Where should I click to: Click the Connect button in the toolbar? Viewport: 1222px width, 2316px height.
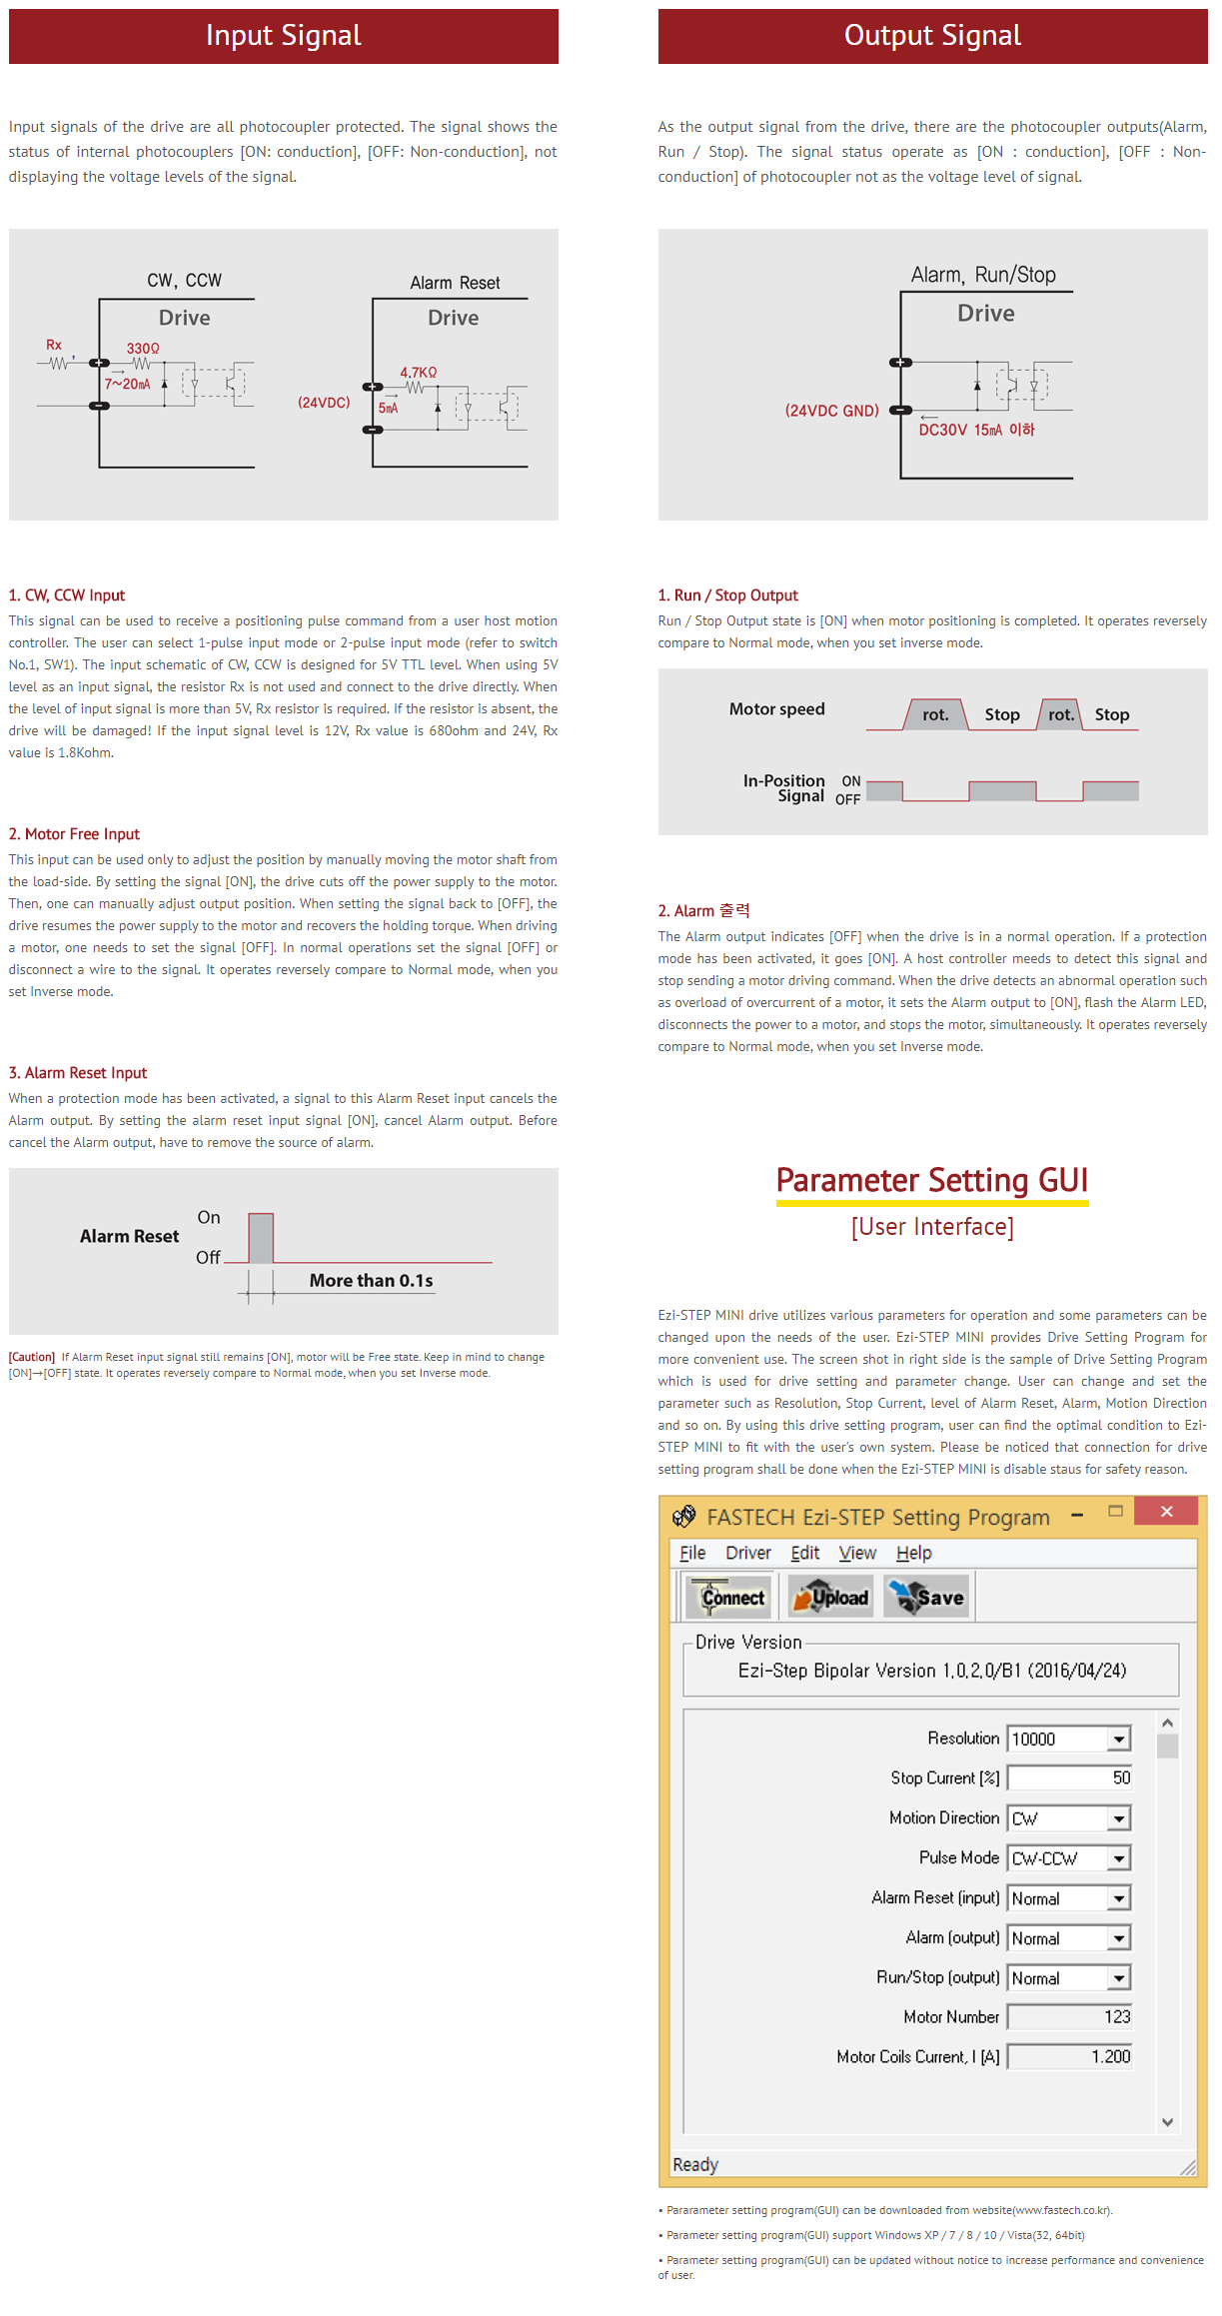(x=728, y=1597)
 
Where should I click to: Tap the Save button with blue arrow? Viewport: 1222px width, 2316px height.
(x=927, y=1597)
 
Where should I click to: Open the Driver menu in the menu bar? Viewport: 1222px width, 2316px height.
(x=747, y=1553)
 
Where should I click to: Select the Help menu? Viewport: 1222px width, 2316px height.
(x=913, y=1553)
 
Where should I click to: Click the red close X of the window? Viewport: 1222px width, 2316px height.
(x=1166, y=1512)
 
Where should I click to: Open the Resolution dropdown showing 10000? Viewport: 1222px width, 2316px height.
(x=1069, y=1738)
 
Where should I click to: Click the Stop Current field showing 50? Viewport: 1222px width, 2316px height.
(x=1069, y=1778)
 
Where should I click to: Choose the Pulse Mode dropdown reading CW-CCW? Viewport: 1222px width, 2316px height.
(x=1069, y=1858)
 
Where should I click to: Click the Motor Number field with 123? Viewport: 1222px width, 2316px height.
(x=1069, y=2017)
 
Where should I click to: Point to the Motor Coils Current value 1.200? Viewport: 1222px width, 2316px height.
(x=1109, y=2057)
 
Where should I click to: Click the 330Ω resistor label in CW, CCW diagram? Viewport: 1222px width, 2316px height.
(x=143, y=349)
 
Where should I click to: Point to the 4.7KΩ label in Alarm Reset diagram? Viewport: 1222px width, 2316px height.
(x=419, y=373)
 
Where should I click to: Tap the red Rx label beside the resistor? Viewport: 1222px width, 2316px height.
(x=54, y=345)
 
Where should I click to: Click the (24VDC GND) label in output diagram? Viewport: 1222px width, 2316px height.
(x=831, y=411)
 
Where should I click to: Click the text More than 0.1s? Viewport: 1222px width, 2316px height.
(x=371, y=1281)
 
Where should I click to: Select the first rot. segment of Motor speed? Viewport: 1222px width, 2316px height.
(x=935, y=715)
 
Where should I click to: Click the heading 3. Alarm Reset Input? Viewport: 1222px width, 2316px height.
(x=78, y=1073)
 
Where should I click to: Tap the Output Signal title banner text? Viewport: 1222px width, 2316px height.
(x=932, y=36)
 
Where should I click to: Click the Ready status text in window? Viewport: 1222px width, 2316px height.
(x=695, y=2164)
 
